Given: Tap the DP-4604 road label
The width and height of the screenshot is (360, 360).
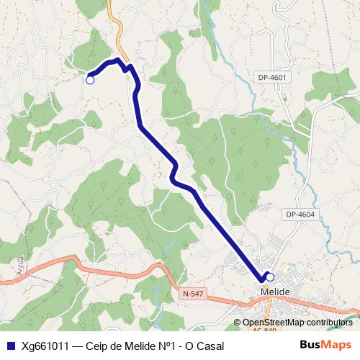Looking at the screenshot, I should [x=300, y=214].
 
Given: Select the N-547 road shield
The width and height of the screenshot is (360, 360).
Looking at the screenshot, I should [x=193, y=293].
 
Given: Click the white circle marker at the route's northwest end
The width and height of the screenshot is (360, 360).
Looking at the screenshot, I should [x=90, y=80].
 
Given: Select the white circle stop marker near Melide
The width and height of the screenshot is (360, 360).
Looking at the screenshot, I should [x=270, y=276].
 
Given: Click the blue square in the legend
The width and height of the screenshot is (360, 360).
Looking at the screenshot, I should [x=11, y=346].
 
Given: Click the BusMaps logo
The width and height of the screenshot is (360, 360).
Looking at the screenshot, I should [x=325, y=345].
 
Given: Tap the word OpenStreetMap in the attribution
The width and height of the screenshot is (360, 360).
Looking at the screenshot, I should [x=273, y=323].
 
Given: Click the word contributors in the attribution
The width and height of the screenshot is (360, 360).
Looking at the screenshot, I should [x=328, y=323].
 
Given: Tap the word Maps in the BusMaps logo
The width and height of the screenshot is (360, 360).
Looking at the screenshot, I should [x=336, y=345].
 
